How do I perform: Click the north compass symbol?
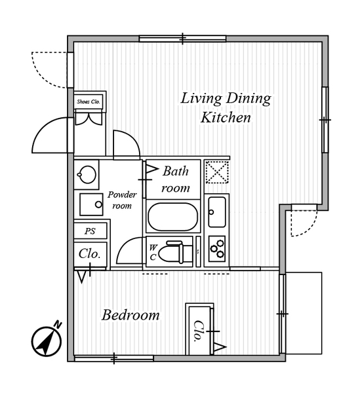(47, 341)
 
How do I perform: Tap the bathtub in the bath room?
(173, 217)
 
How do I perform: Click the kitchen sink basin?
(217, 212)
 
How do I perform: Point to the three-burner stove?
(217, 248)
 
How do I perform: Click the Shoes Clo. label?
(89, 102)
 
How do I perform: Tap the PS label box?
(90, 231)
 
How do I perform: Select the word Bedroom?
(130, 315)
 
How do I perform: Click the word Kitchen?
(226, 117)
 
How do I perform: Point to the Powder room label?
(122, 200)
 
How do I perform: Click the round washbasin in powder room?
(87, 174)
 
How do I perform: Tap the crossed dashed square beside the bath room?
(217, 172)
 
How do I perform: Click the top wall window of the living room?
(183, 39)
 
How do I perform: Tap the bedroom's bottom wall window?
(114, 358)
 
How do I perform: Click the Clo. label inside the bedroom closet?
(199, 331)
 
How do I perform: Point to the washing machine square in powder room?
(91, 204)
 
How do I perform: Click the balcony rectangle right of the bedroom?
(304, 313)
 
